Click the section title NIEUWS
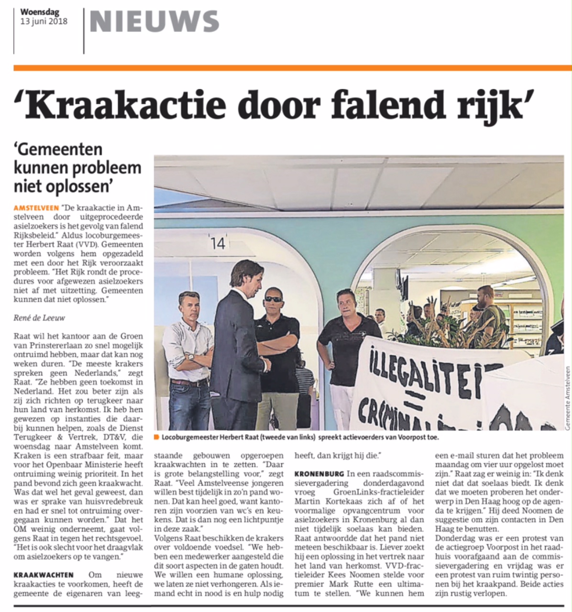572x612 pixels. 154,22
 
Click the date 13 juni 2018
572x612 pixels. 44,21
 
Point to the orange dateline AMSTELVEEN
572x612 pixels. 36,208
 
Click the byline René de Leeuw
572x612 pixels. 39,317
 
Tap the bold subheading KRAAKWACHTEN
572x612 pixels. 44,574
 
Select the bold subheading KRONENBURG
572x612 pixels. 319,460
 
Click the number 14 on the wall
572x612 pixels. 218,243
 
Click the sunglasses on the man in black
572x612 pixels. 273,299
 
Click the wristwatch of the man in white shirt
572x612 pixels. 191,357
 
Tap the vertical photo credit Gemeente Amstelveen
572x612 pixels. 567,398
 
